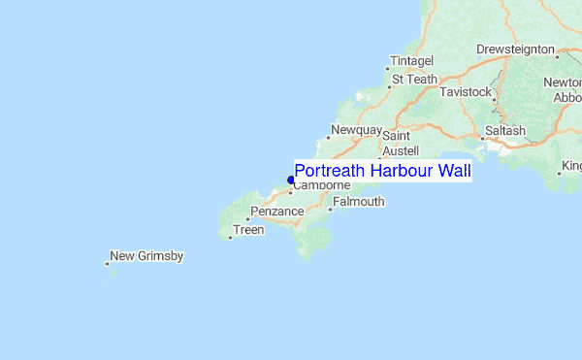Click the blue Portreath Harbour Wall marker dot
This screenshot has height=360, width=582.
[x=291, y=180]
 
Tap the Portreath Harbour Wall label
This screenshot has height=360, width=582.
[x=382, y=172]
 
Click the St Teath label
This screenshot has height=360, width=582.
[x=414, y=80]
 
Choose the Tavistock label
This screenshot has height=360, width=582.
[x=466, y=91]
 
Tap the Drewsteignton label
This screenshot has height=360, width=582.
[x=515, y=49]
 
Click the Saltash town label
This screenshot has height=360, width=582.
[x=505, y=131]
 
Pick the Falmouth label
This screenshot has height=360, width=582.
[x=359, y=202]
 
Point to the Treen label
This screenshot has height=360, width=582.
[x=248, y=230]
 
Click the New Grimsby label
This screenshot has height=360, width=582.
[x=146, y=256]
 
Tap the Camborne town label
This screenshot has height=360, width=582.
[x=321, y=185]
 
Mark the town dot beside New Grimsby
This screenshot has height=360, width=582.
[x=107, y=263]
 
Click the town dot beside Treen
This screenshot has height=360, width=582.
[x=230, y=237]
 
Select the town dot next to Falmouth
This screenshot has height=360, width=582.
[x=331, y=209]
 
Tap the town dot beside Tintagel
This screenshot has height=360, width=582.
[x=390, y=68]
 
